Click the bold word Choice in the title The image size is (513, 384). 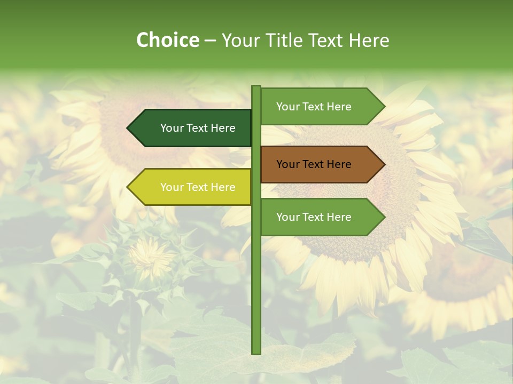(x=167, y=40)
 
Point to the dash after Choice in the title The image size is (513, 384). (x=210, y=41)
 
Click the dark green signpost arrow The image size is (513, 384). (x=192, y=128)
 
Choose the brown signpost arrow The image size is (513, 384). (x=321, y=164)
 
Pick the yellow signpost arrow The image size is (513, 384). (x=192, y=187)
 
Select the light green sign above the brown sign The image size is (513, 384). (x=321, y=107)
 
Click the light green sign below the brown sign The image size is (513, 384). (x=321, y=217)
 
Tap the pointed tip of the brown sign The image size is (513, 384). (x=384, y=164)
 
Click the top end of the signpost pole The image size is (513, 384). (x=256, y=87)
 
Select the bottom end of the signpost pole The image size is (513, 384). (x=256, y=353)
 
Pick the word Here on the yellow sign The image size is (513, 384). (x=223, y=187)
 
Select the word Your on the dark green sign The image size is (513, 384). (x=172, y=128)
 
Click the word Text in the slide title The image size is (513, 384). (x=324, y=40)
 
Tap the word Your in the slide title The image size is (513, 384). (x=239, y=40)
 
